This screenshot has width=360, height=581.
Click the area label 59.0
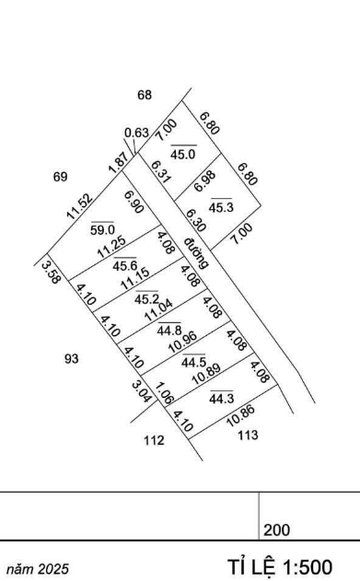click(102, 230)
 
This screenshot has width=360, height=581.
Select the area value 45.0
click(183, 154)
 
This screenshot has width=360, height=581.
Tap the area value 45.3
click(221, 207)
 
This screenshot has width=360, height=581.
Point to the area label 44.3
click(221, 399)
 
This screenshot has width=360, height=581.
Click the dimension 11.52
click(79, 206)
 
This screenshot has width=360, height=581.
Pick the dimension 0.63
click(136, 133)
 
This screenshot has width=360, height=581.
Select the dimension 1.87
click(118, 163)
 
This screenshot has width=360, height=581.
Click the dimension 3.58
click(51, 273)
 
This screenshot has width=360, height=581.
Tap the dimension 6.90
click(134, 202)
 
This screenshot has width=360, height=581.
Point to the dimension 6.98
click(204, 181)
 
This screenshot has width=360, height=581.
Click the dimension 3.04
click(142, 392)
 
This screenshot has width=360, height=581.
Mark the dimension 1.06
click(163, 393)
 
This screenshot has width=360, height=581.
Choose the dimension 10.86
click(240, 415)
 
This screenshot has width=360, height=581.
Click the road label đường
click(196, 252)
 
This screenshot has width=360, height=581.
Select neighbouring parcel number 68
click(145, 95)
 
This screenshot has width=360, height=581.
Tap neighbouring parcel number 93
click(72, 359)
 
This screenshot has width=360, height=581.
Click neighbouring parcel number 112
click(154, 440)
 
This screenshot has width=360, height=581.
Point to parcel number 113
click(248, 435)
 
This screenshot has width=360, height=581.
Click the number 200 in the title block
click(276, 530)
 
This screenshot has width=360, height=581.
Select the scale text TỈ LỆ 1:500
click(280, 567)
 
